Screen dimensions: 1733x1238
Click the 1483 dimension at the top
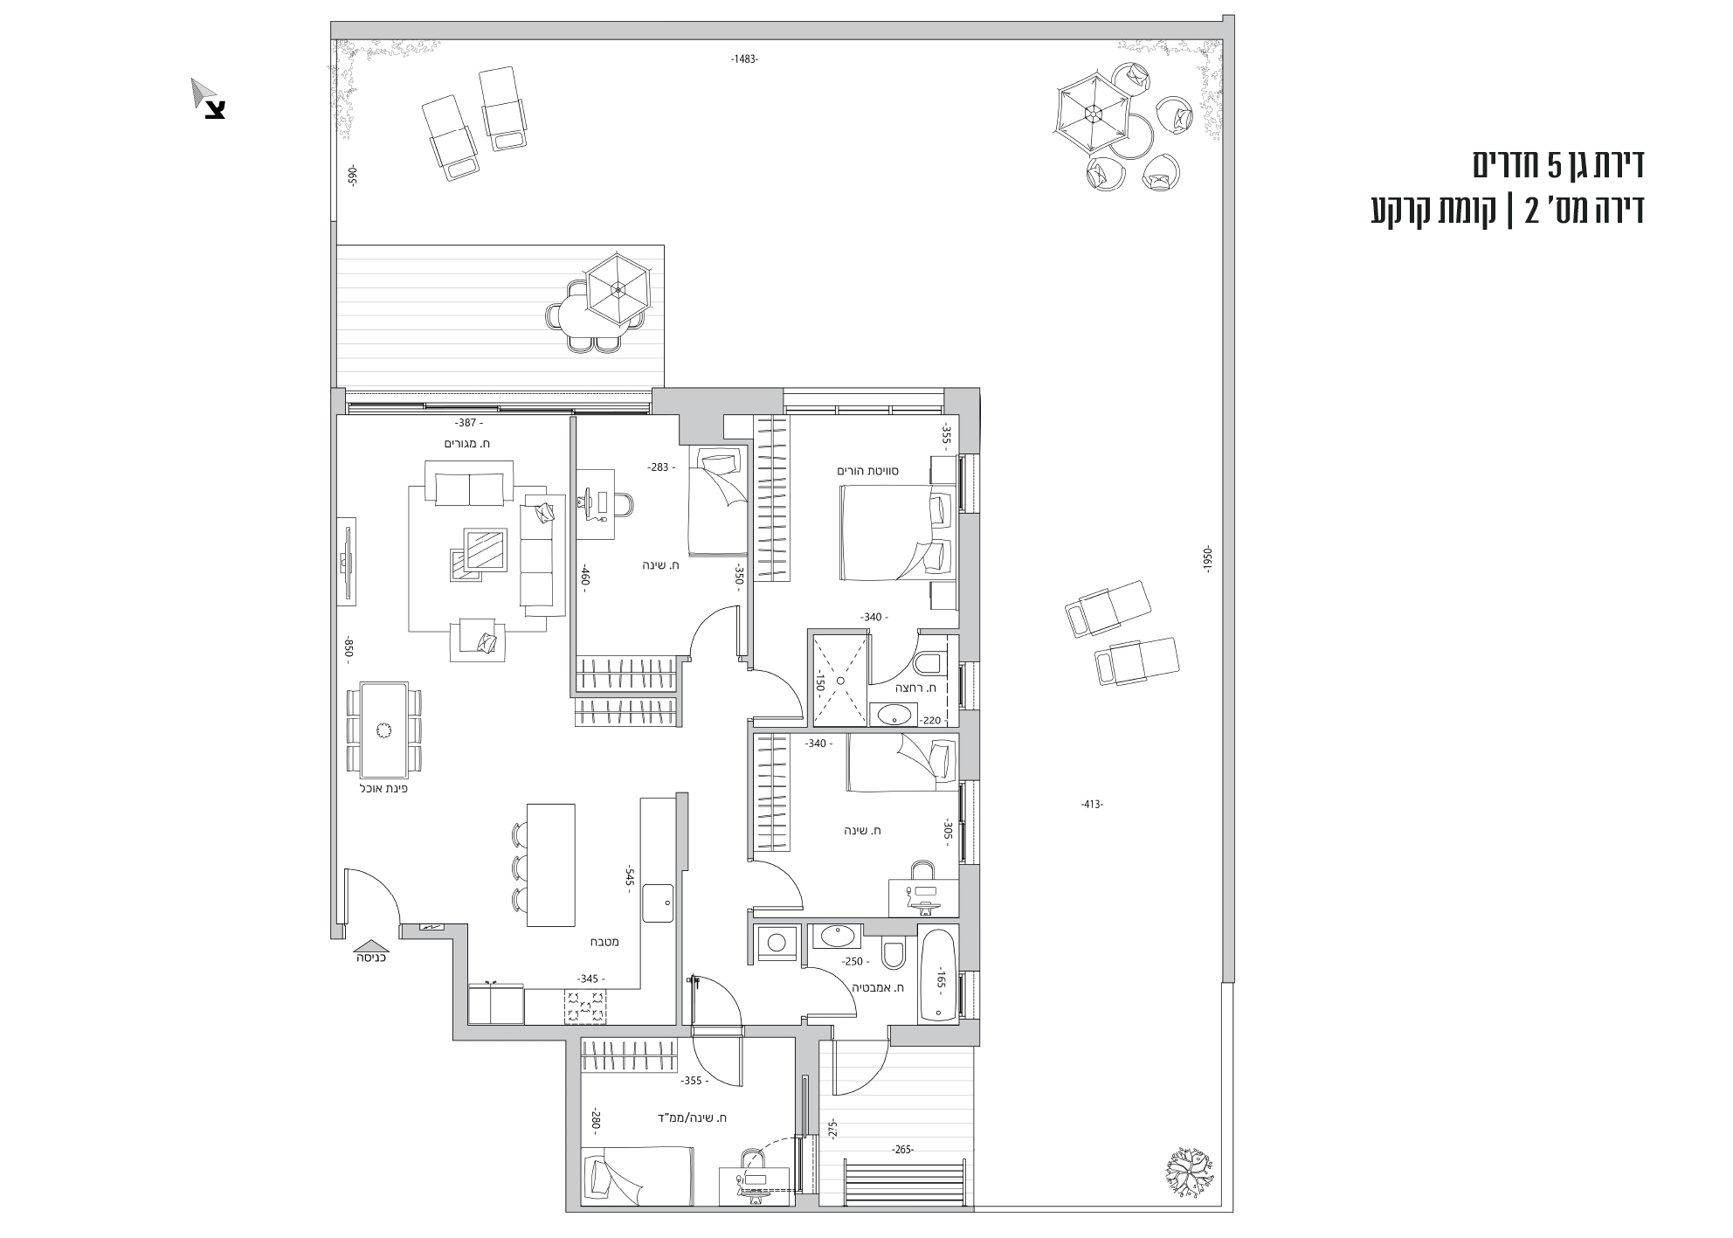(744, 59)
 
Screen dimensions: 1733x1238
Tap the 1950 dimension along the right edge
(1206, 558)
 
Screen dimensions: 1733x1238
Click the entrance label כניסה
(372, 958)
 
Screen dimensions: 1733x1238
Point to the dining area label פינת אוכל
(384, 788)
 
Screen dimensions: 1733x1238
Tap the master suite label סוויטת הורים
(868, 471)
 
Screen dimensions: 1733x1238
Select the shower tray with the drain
(840, 681)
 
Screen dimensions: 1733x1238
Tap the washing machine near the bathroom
(777, 942)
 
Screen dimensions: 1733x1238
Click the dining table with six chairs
(382, 730)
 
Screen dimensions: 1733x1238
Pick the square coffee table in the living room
(487, 550)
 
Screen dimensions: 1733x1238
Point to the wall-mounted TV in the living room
(349, 560)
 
